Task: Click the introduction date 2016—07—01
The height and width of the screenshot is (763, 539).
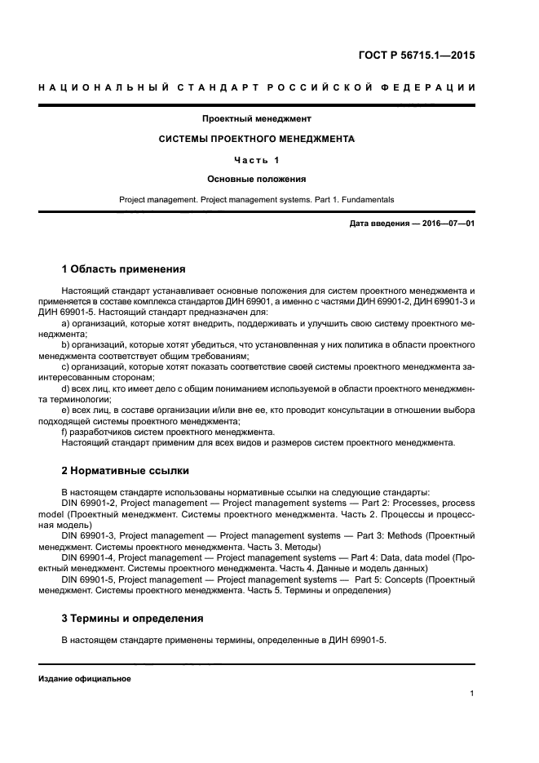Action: click(441, 223)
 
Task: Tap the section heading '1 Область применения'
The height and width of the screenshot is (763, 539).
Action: click(123, 268)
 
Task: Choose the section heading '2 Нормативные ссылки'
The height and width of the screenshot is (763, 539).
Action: click(125, 471)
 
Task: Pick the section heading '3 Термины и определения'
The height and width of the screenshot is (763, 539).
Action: click(132, 619)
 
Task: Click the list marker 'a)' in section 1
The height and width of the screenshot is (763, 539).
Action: click(66, 323)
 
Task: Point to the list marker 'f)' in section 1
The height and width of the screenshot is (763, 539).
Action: click(65, 431)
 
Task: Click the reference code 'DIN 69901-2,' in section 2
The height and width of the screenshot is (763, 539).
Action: click(89, 503)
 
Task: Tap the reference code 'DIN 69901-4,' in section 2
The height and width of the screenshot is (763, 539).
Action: click(89, 557)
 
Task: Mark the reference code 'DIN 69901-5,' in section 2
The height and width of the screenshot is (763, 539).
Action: click(89, 579)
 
